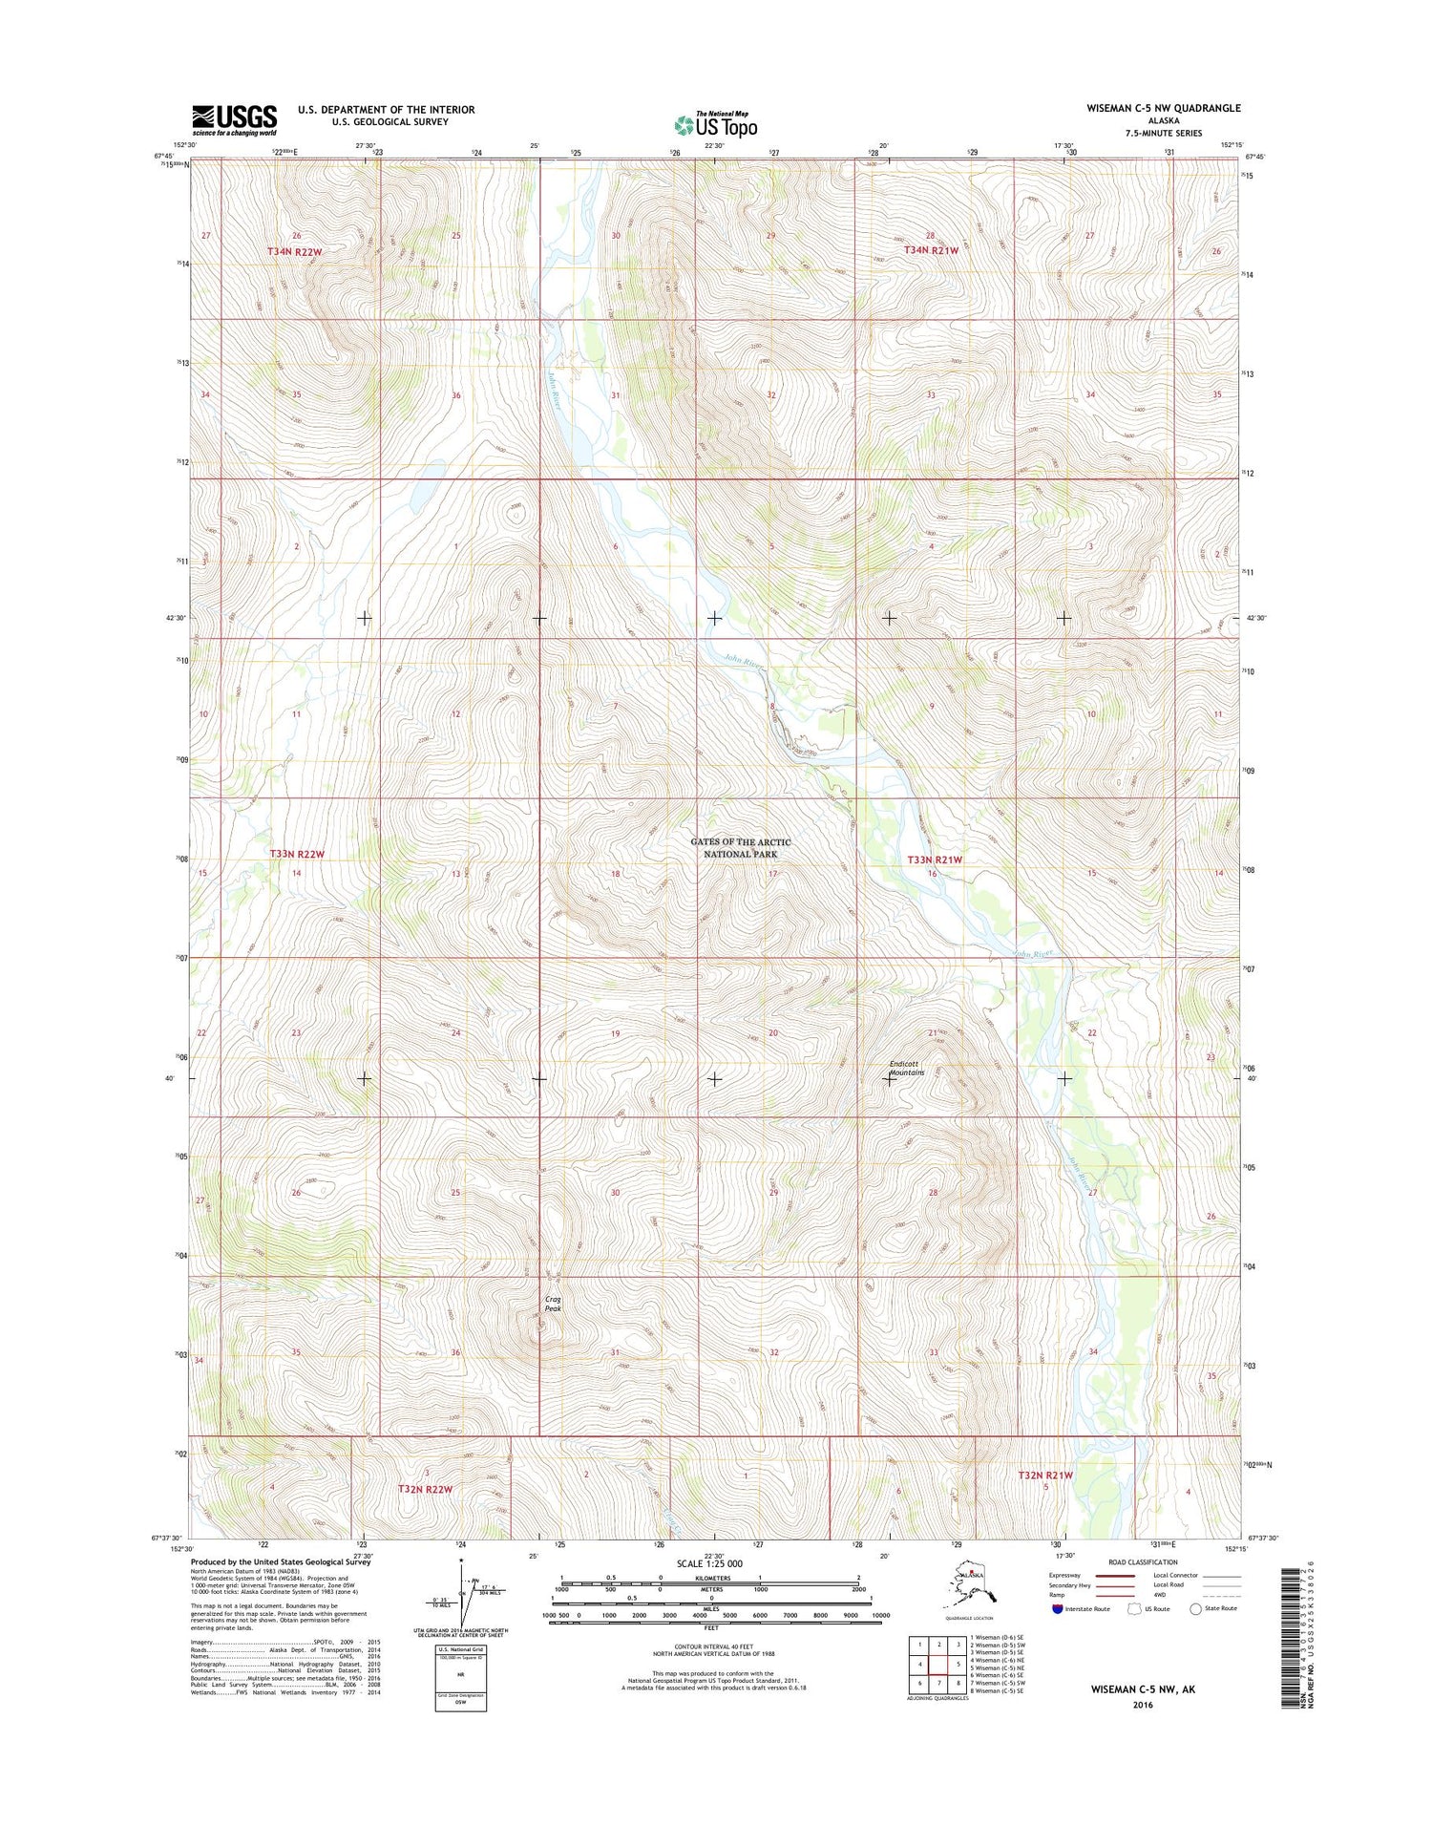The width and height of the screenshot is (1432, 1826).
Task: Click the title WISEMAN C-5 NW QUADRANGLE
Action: coord(1163,108)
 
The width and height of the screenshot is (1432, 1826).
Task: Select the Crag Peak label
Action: coord(553,1304)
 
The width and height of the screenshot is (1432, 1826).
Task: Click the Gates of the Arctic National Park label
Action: coord(741,847)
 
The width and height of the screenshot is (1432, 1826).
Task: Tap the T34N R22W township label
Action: coord(294,251)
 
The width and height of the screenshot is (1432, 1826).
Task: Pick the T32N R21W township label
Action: coord(1044,1476)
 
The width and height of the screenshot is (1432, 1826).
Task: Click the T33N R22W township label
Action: coord(297,853)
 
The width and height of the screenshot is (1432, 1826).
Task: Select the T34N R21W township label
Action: coord(931,249)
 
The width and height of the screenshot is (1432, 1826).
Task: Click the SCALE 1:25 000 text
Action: coord(708,1563)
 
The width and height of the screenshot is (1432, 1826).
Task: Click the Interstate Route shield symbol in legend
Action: coord(1057,1608)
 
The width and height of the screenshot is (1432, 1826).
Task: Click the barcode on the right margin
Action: coord(1292,1621)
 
